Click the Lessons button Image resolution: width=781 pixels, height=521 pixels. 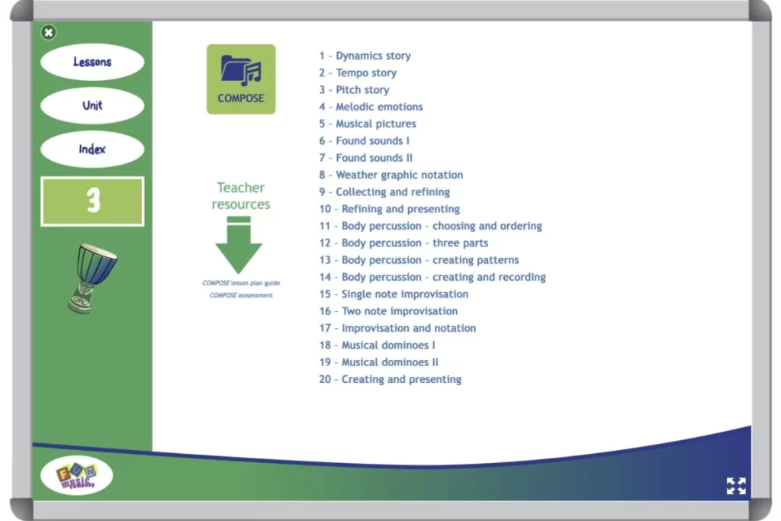92,62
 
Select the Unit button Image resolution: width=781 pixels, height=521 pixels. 92,105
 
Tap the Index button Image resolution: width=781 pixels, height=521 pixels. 92,149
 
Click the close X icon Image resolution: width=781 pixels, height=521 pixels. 48,32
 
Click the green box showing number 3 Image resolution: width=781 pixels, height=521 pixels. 92,201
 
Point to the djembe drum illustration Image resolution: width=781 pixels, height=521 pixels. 92,278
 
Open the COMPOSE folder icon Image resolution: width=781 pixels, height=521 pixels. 241,79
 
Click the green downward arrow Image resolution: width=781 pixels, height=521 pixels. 239,245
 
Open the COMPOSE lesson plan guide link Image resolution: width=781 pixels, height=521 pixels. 241,283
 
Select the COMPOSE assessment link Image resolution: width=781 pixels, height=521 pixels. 241,295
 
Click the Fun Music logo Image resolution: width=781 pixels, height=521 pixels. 77,475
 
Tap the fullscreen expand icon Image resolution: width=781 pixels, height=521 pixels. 736,486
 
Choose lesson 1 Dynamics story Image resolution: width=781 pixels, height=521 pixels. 365,56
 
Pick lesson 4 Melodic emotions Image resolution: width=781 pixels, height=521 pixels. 371,107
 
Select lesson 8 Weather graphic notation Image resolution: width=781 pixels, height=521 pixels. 391,175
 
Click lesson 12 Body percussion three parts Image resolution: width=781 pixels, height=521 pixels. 403,243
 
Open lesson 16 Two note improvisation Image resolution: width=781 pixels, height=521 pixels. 388,311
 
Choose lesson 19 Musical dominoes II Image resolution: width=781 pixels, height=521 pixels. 378,362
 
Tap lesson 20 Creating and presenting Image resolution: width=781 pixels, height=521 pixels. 390,380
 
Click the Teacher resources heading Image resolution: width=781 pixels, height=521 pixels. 241,196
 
